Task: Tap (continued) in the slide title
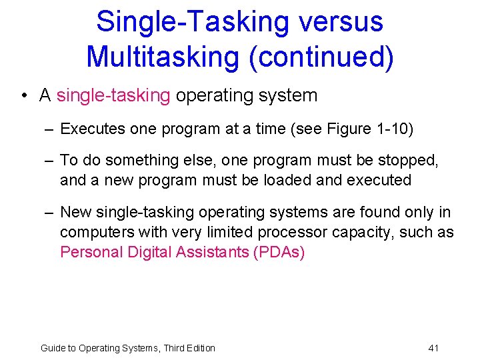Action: [321, 57]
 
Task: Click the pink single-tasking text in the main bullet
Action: [113, 95]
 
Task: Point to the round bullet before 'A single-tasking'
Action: [23, 95]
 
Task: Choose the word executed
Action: [377, 180]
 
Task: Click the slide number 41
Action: [433, 348]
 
